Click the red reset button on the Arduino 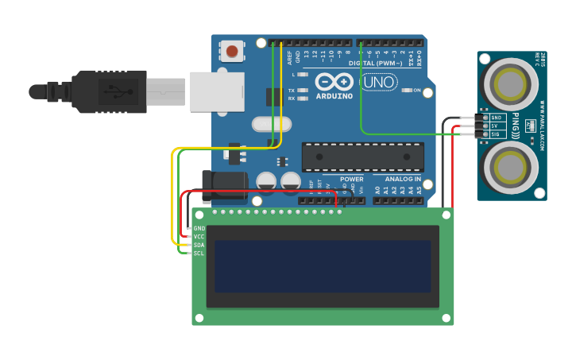(232, 52)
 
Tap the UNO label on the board (379, 82)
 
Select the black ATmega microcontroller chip (362, 157)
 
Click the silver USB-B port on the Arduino (216, 91)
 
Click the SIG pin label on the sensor (496, 134)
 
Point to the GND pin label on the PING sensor (496, 118)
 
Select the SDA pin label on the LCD (199, 245)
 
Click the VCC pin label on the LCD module (199, 237)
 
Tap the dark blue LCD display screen (322, 266)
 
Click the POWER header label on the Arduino (351, 180)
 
